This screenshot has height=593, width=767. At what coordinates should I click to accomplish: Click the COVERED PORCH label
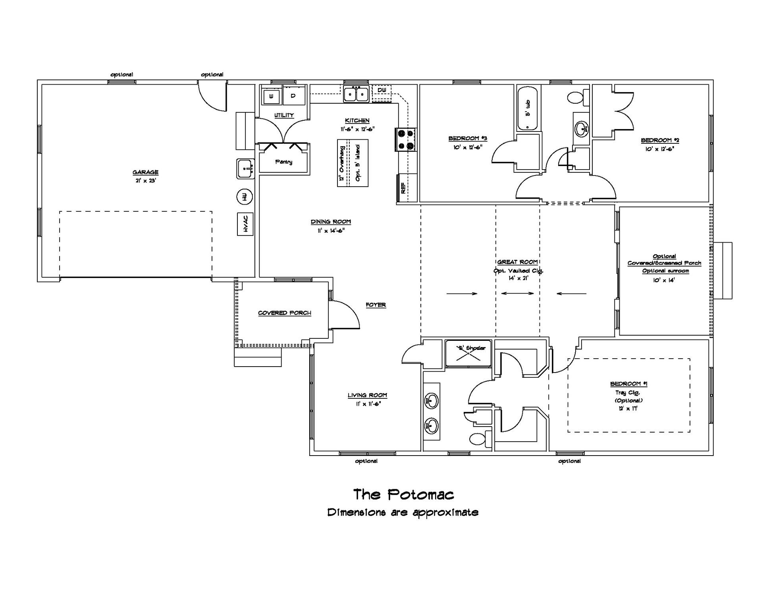coord(285,313)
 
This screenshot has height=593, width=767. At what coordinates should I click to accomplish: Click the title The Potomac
coord(404,495)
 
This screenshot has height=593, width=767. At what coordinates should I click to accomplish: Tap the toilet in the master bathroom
coord(478,439)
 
